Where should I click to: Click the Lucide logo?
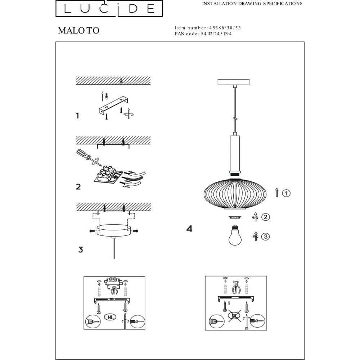point(109,8)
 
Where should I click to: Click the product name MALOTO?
point(78,31)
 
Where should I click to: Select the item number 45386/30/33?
point(225,28)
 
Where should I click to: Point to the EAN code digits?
point(216,34)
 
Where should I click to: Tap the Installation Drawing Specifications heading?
point(252,4)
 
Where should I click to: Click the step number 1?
point(77,116)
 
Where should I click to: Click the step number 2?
point(78,186)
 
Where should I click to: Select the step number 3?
point(80,249)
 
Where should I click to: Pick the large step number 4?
point(189,229)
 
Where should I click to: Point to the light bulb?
point(235,235)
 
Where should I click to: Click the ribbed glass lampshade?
point(235,193)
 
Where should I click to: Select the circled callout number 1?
point(286,193)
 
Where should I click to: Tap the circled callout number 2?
point(266,217)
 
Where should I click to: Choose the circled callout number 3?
point(266,237)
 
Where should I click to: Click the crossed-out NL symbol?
point(234,316)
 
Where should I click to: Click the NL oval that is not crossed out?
point(111,317)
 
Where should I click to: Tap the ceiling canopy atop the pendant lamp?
point(234,82)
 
